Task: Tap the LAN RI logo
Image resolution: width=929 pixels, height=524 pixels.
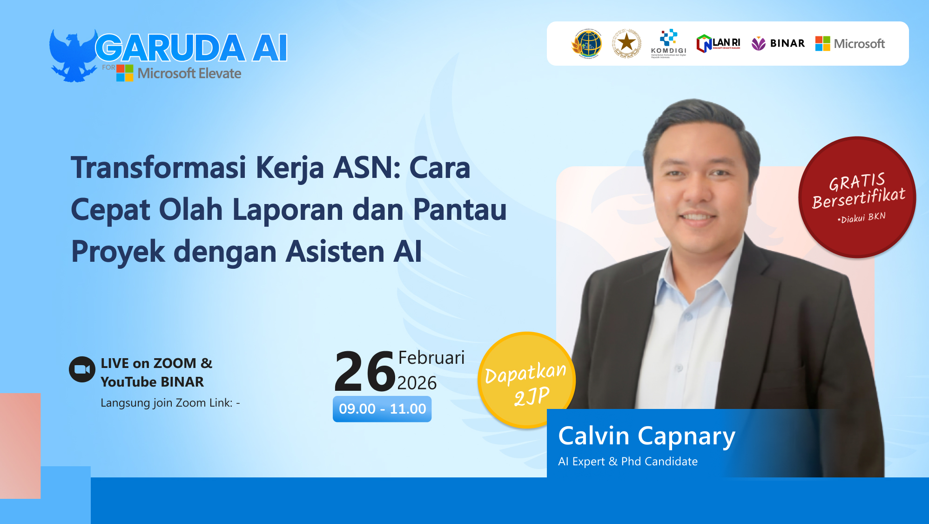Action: tap(718, 44)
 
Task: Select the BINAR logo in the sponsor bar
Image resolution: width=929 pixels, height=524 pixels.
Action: tap(778, 44)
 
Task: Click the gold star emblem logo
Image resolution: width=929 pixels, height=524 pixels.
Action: tap(626, 43)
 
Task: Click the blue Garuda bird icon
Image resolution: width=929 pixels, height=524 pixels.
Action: tap(73, 55)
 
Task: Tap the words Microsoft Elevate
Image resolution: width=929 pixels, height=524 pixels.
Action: tap(189, 74)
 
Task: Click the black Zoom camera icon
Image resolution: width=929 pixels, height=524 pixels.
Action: tap(82, 369)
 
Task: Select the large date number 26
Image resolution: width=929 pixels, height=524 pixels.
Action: tap(364, 372)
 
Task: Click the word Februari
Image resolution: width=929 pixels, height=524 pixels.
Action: tap(431, 358)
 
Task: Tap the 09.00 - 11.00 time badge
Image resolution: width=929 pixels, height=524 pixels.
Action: tap(382, 409)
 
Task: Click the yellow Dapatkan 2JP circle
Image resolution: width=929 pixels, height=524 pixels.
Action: tap(526, 380)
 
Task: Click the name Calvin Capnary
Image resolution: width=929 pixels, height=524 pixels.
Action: tap(646, 436)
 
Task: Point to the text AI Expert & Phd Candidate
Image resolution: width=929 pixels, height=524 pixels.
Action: tap(627, 462)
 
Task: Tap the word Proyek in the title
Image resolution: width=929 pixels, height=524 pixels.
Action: tap(118, 252)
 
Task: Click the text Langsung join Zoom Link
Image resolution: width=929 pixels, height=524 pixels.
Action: tap(167, 403)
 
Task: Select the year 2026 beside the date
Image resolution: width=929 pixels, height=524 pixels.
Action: tap(417, 383)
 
